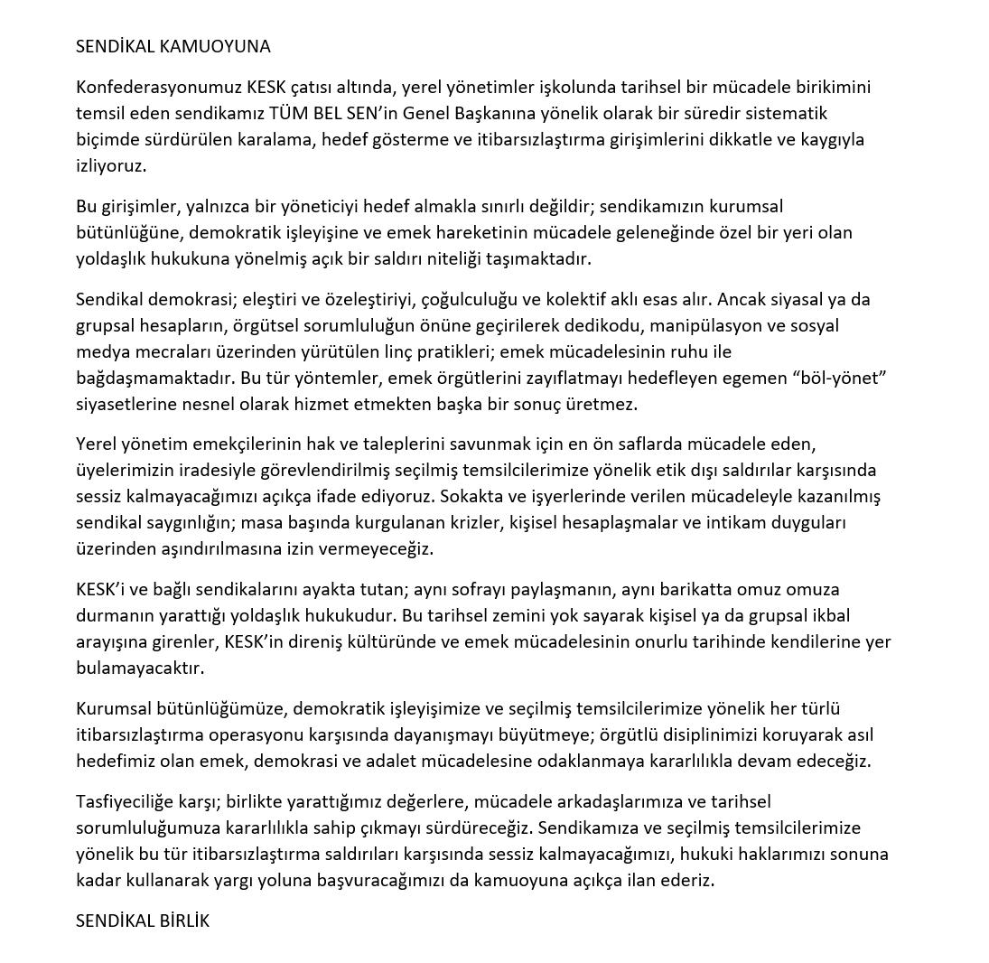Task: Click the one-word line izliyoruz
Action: tap(111, 166)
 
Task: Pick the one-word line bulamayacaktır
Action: tap(140, 668)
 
